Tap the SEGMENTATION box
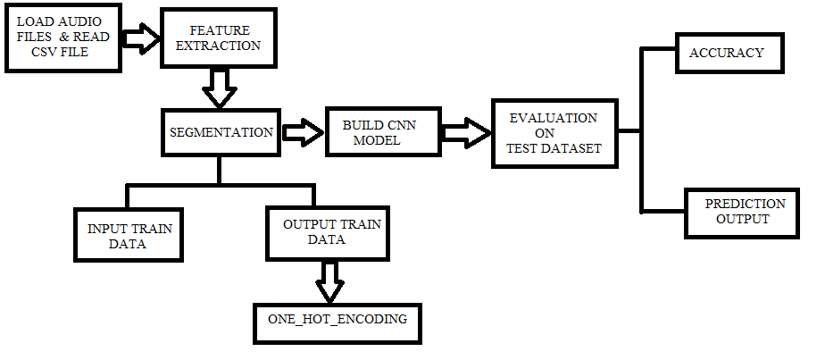(221, 132)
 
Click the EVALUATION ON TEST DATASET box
(554, 133)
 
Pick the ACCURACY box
(729, 54)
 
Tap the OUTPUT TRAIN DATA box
(319, 233)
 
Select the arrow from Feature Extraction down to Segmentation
(220, 88)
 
